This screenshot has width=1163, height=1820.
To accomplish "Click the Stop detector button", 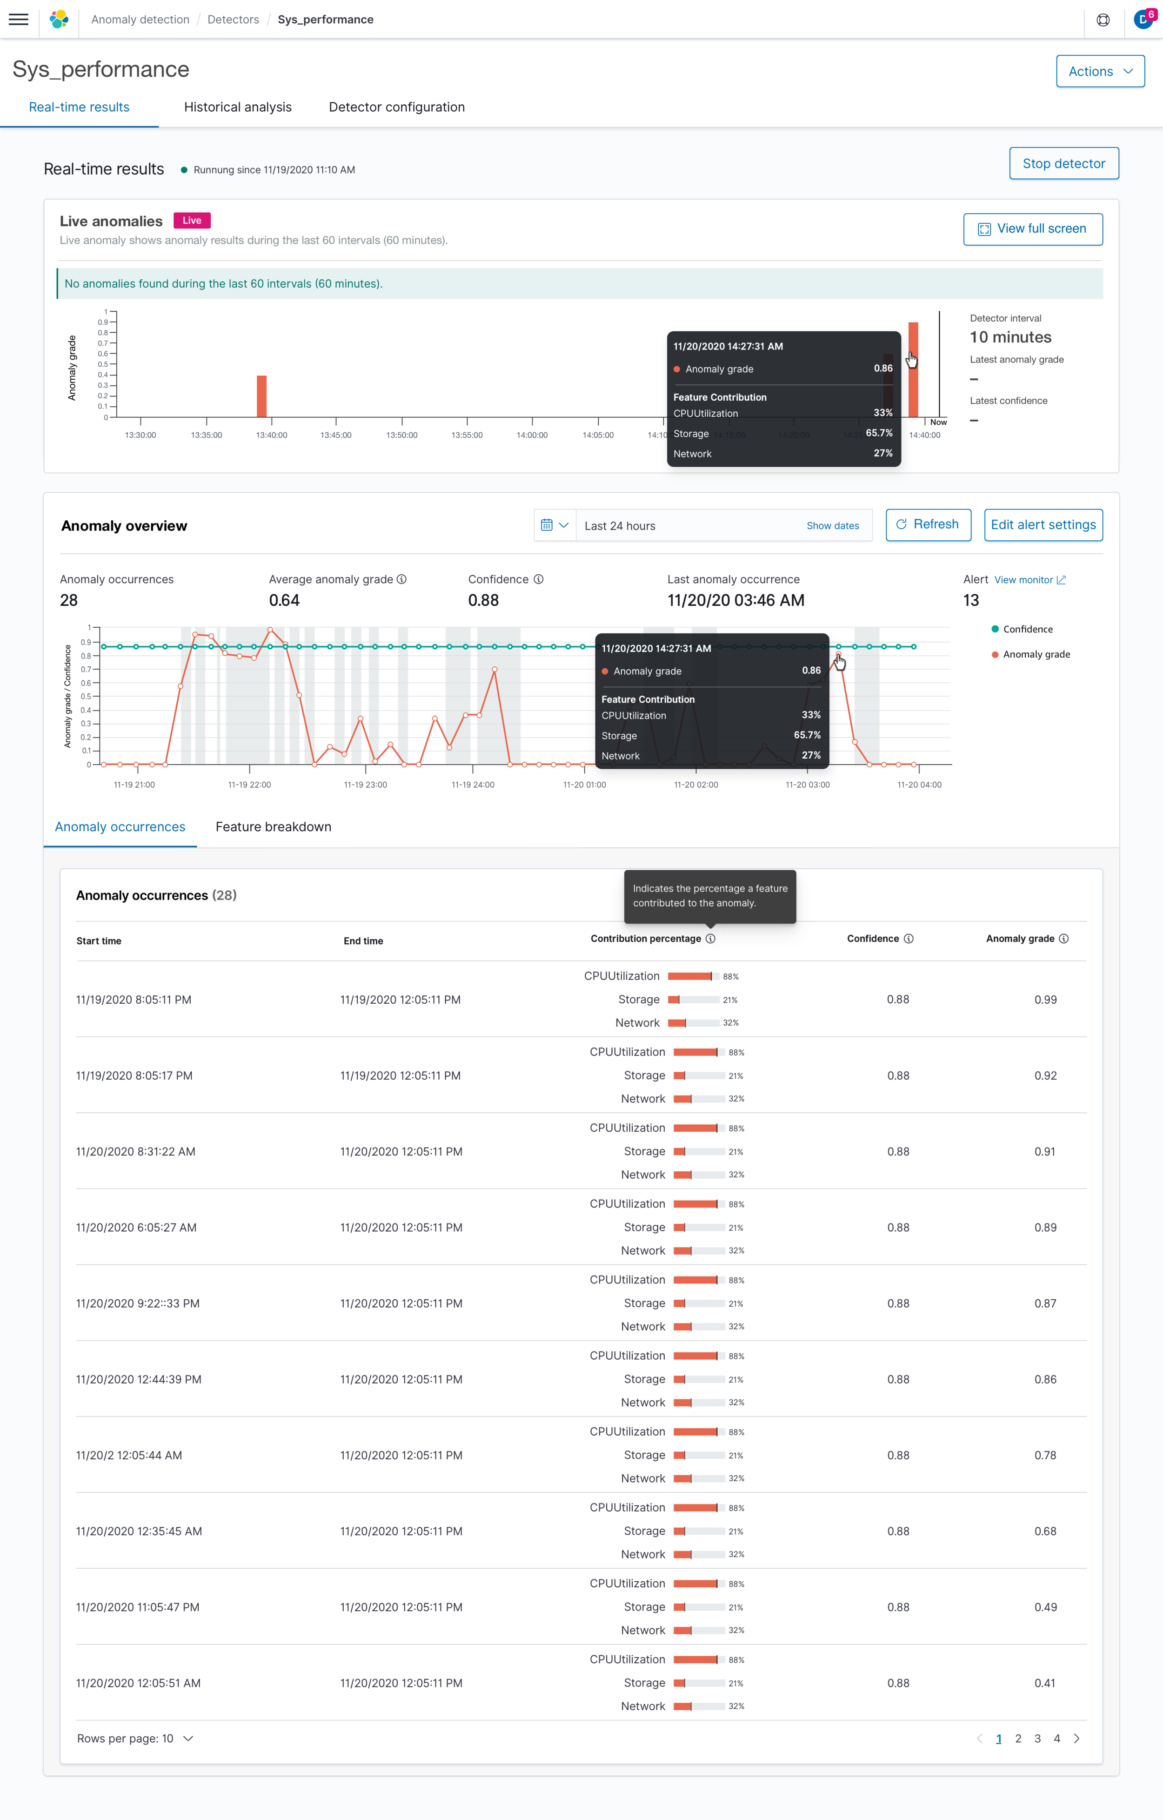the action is (x=1063, y=163).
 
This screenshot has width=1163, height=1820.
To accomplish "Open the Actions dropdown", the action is (x=1100, y=71).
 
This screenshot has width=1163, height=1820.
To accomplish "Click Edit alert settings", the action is (x=1043, y=524).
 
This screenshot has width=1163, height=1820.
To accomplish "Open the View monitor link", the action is (x=1029, y=580).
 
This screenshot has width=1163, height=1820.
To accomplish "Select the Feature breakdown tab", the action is (x=274, y=827).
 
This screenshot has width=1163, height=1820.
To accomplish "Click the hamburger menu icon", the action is (x=19, y=20).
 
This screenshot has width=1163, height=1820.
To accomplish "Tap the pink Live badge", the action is (x=192, y=221).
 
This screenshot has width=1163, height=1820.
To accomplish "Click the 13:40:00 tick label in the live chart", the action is (x=271, y=436).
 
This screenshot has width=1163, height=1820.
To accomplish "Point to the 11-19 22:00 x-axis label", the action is (x=249, y=785).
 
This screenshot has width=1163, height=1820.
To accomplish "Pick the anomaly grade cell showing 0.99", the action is (x=1045, y=999).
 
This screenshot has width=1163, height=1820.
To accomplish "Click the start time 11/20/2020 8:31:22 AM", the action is (x=136, y=1151).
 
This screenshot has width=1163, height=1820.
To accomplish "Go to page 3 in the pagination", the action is (x=1037, y=1739).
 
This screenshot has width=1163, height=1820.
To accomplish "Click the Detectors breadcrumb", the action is (x=233, y=20).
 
